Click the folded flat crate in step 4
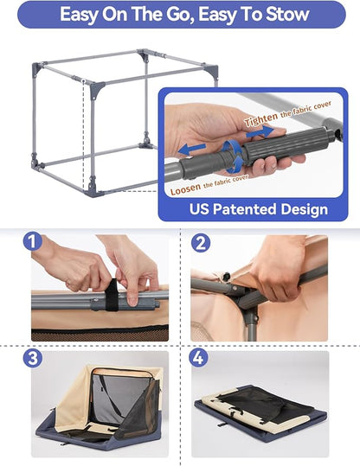259,416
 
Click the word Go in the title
164,15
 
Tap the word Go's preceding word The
132,15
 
